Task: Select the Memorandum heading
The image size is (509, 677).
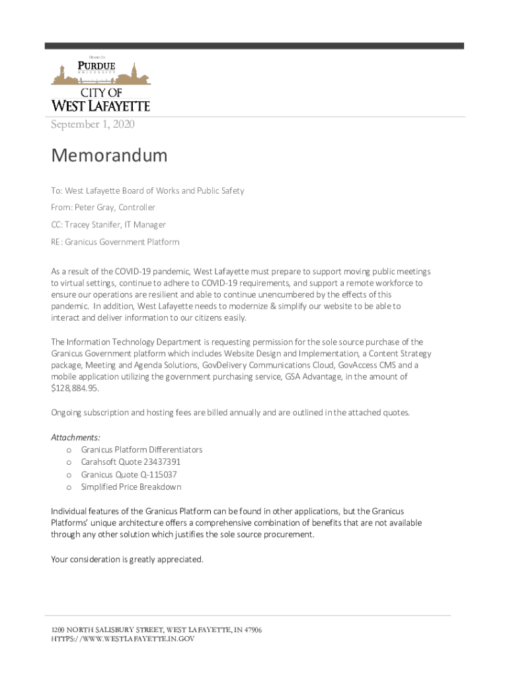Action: click(109, 156)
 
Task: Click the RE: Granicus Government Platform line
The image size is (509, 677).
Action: click(115, 242)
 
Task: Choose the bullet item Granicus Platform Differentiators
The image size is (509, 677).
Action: click(141, 450)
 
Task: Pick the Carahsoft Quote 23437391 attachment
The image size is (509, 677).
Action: click(131, 462)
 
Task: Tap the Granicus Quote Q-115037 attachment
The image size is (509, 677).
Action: click(129, 475)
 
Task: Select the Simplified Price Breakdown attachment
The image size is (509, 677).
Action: click(131, 487)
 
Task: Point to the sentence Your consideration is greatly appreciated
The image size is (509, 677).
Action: click(127, 559)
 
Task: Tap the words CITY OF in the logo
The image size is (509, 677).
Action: click(101, 92)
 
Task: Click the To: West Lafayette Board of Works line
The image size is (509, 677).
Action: click(147, 190)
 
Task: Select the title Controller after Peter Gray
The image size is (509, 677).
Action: click(137, 208)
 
